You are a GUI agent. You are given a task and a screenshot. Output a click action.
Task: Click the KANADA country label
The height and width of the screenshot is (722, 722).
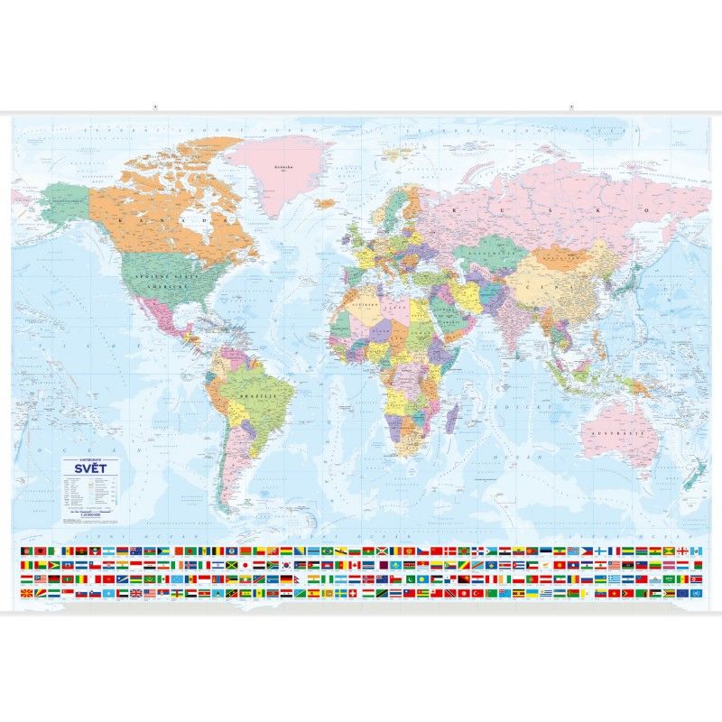point(180,218)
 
